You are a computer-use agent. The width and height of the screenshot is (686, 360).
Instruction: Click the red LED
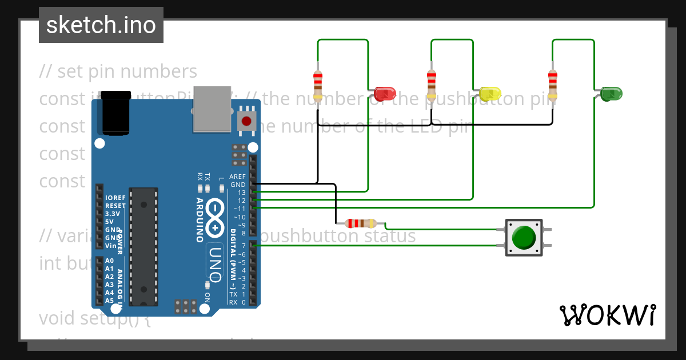[385, 93]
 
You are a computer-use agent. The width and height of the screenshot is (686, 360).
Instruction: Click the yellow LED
[490, 93]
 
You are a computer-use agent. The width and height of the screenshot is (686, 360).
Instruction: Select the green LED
[611, 93]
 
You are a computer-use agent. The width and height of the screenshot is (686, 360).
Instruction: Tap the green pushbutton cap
[524, 237]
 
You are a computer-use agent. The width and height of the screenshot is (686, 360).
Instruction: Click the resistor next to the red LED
[318, 84]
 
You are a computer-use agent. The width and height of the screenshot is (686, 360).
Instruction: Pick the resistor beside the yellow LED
[432, 84]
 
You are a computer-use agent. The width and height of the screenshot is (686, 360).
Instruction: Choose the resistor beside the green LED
[552, 84]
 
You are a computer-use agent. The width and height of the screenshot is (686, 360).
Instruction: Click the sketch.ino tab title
[101, 25]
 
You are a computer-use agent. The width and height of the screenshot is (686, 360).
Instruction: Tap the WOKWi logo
[607, 315]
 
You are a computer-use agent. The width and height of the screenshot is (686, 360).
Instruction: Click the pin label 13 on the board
[242, 193]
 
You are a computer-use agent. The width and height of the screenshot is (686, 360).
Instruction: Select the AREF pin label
[237, 177]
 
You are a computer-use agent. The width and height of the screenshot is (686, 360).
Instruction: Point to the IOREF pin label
[115, 198]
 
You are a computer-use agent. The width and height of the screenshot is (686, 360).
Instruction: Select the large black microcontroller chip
[143, 246]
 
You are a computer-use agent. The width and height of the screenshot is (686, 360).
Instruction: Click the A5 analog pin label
[110, 301]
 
